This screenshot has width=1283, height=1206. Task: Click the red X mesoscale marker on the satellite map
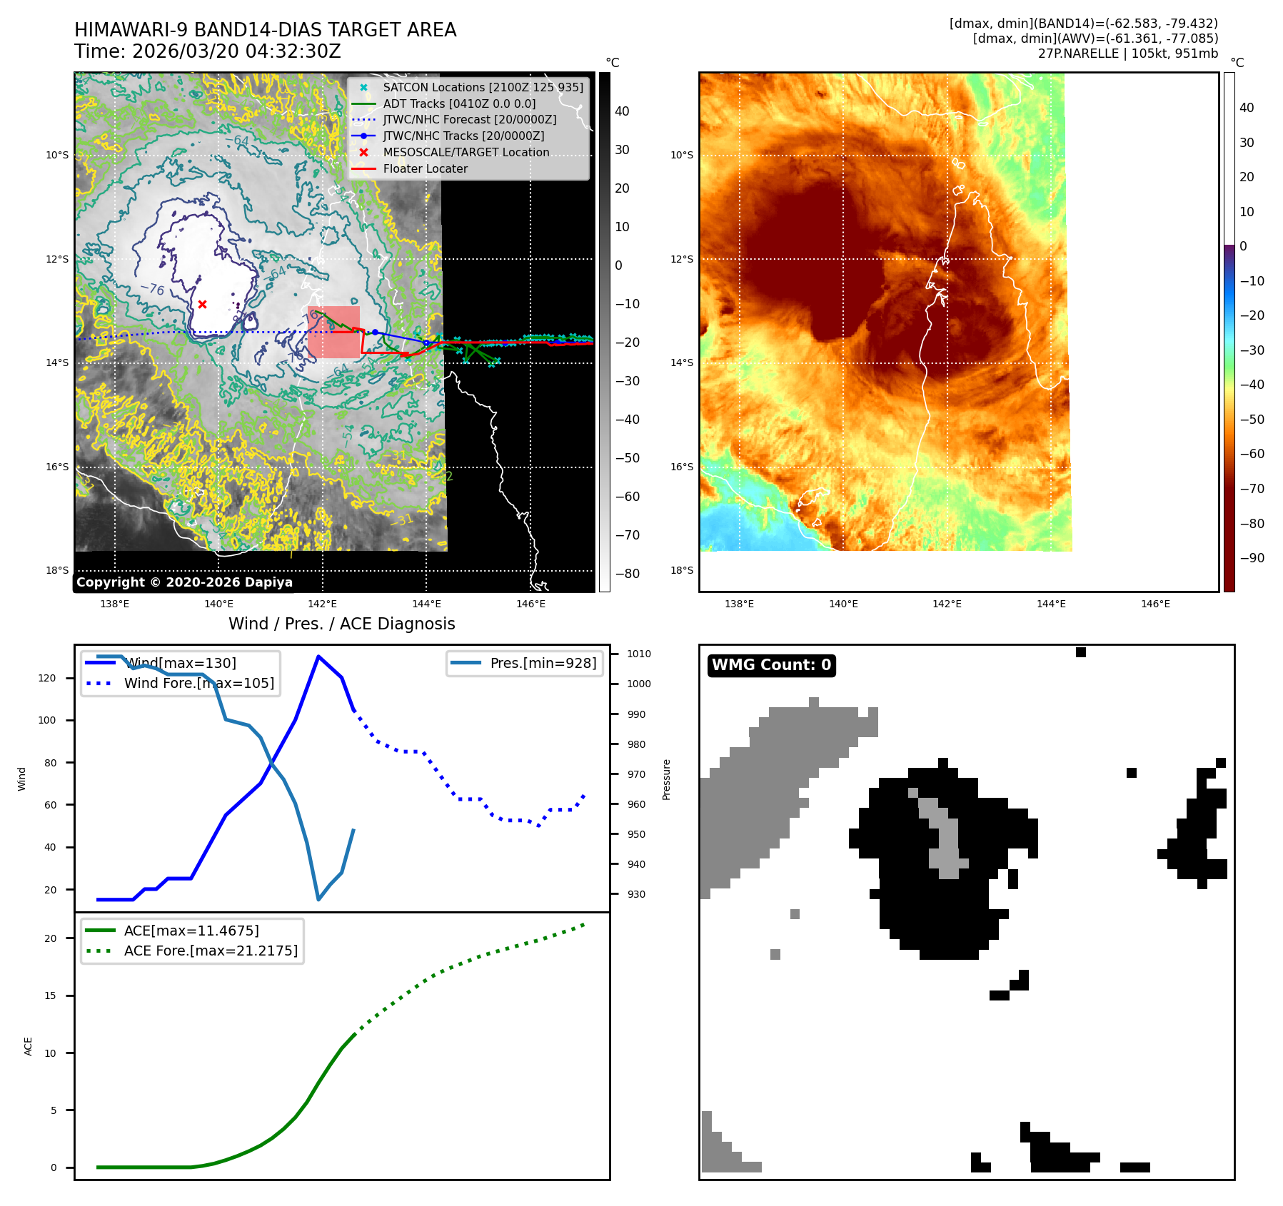tap(202, 304)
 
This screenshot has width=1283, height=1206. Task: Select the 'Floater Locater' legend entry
tap(425, 169)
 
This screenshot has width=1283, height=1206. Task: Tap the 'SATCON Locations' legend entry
tap(483, 87)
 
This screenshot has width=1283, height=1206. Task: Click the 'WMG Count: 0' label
tap(771, 665)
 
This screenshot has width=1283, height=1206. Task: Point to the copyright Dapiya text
tap(184, 582)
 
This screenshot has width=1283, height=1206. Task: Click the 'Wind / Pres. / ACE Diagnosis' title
tap(341, 624)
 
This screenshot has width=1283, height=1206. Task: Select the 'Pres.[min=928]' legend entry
tap(543, 663)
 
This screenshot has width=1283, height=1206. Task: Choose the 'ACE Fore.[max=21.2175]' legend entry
tap(211, 951)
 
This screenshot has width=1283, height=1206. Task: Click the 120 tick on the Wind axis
tap(47, 678)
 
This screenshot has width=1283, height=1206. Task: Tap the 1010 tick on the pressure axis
tap(639, 654)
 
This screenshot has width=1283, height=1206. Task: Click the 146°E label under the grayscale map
tap(530, 604)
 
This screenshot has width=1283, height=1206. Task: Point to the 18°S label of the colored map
tap(682, 570)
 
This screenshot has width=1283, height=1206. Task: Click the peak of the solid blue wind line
tap(318, 657)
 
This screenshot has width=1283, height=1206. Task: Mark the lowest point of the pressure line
tap(318, 899)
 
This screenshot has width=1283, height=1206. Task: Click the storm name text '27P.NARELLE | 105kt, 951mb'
tap(1127, 54)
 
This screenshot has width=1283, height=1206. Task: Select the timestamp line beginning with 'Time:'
tap(208, 52)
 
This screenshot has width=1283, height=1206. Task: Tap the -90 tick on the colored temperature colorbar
tap(1252, 558)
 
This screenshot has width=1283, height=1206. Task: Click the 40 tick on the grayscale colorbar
tap(622, 111)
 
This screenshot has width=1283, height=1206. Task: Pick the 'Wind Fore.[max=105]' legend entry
tap(198, 683)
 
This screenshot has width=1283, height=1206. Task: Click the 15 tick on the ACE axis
tap(50, 995)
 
